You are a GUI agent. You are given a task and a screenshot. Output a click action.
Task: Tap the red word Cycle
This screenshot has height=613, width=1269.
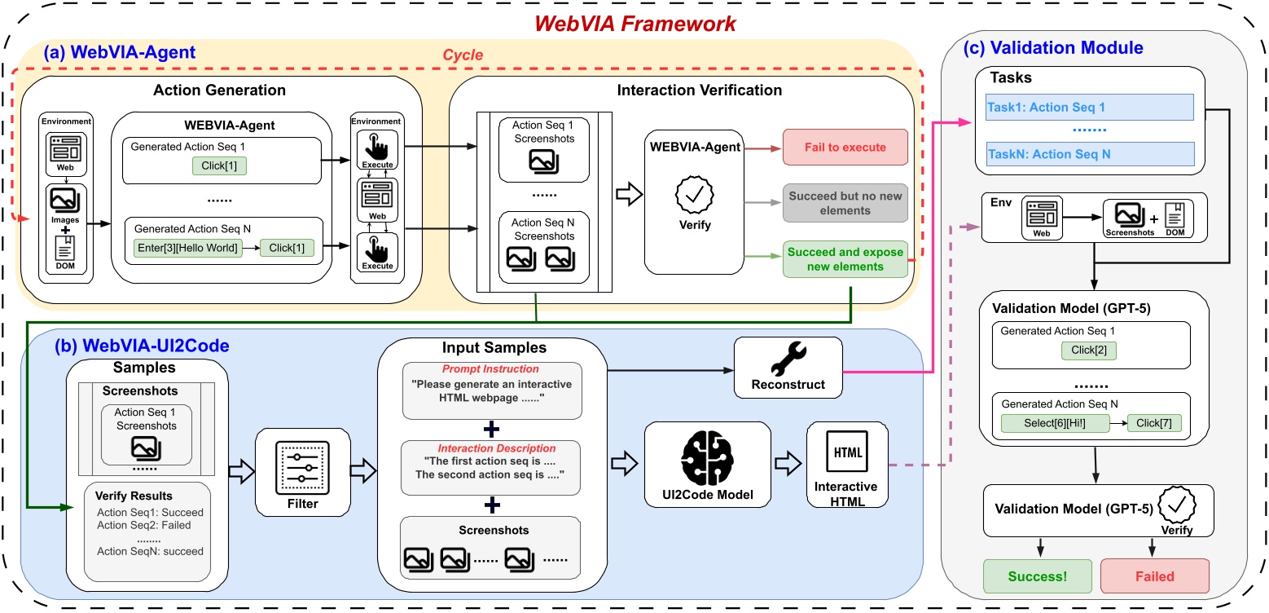463,55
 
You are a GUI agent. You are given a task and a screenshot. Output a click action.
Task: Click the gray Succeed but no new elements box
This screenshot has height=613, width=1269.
845,204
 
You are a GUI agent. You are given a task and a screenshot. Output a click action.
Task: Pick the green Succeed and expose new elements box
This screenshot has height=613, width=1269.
845,259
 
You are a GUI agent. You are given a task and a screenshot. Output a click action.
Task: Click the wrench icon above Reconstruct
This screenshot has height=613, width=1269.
788,356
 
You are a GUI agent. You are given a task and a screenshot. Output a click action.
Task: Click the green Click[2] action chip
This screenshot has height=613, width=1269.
1090,351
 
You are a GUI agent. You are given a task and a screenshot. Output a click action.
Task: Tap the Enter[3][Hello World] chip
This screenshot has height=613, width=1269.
188,249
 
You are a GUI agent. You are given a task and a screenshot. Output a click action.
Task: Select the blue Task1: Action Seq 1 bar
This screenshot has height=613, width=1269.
1089,107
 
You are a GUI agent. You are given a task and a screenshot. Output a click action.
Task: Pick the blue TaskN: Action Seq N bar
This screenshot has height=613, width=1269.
1089,152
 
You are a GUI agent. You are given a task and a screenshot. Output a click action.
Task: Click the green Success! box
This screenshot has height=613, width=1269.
1036,576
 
